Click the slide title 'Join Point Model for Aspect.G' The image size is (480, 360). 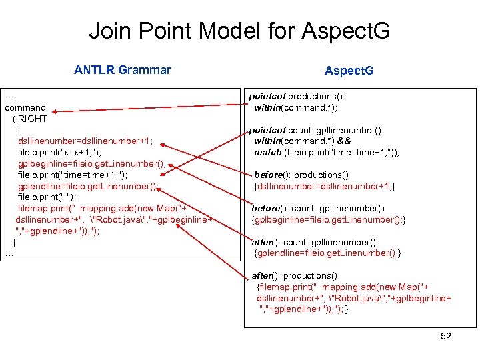(239, 31)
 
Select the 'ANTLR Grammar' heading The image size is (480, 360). (123, 70)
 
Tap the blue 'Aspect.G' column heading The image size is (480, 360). (349, 71)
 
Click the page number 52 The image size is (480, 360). (445, 336)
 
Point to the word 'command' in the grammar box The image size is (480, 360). (25, 107)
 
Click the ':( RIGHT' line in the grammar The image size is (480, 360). (28, 119)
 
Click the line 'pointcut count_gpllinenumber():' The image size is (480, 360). (316, 131)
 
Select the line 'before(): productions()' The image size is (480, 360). (301, 175)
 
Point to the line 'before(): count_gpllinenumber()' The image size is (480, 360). (318, 209)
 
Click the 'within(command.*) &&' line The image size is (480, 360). (302, 141)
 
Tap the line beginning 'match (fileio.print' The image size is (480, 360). (327, 153)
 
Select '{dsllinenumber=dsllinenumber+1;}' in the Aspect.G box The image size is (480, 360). (325, 186)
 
